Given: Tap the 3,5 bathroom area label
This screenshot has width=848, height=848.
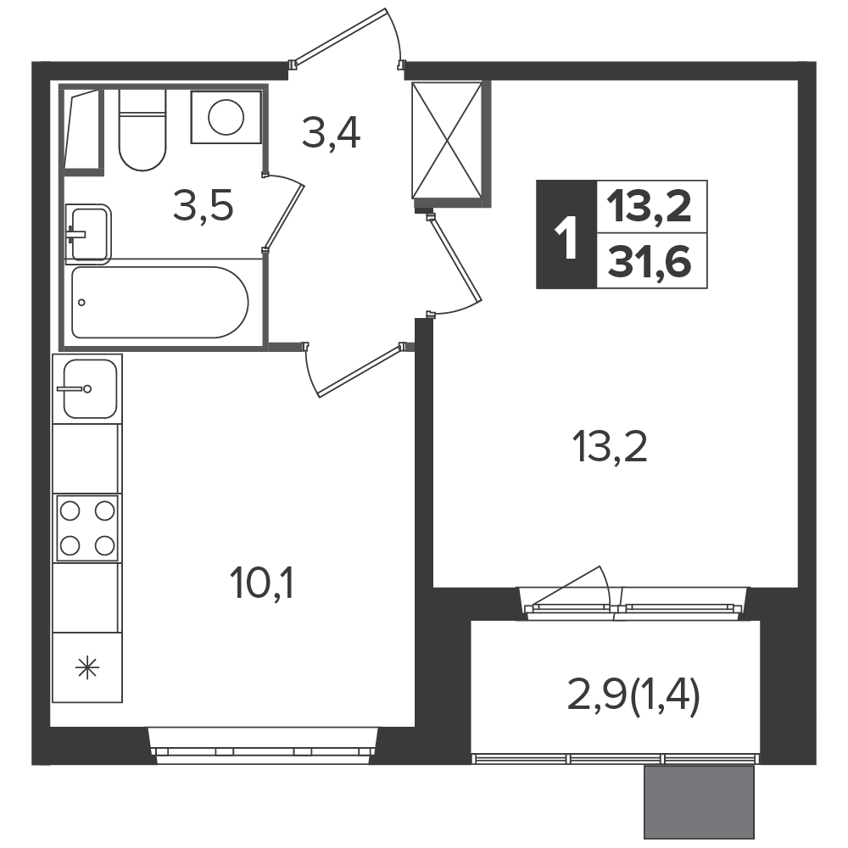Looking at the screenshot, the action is (204, 205).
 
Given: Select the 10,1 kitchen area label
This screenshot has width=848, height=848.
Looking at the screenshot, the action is (262, 584).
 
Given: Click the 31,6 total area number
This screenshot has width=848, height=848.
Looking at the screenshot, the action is (650, 262).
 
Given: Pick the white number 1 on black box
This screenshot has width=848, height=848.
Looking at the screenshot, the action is (566, 234).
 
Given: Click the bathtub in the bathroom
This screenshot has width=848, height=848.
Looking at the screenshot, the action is (160, 303).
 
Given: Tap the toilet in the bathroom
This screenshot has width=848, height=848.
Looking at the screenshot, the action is (142, 130).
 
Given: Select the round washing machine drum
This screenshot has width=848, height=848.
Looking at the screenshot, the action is (226, 117).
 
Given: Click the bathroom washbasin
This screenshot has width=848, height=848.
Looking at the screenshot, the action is (88, 234).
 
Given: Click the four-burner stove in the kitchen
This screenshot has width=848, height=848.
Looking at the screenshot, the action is (87, 527).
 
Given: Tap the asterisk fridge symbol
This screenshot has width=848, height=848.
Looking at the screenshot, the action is (87, 667).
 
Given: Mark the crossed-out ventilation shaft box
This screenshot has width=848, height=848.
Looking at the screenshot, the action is (447, 141).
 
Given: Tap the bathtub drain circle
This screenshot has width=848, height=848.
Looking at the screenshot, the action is (81, 303).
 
